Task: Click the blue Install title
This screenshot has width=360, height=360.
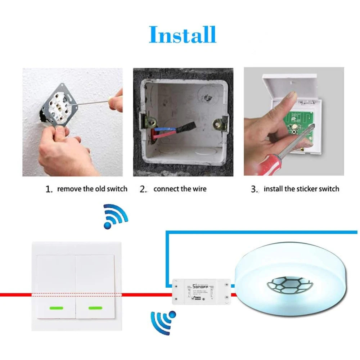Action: coord(183,35)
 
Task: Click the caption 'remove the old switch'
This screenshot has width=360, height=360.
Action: coord(92,189)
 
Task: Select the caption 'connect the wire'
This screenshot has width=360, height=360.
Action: coord(180,189)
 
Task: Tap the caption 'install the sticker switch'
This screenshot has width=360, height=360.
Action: coord(301,189)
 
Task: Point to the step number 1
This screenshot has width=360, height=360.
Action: coord(49,189)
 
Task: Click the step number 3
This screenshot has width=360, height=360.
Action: coord(255,189)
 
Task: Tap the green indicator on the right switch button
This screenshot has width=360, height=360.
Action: coord(95,308)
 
